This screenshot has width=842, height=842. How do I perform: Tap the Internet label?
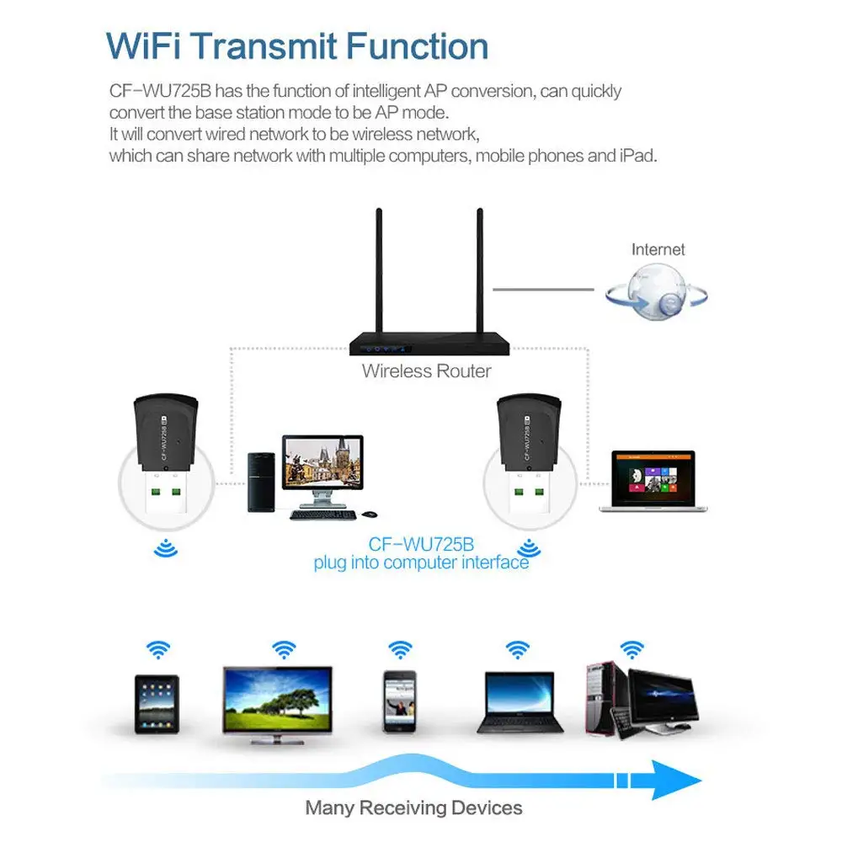658,249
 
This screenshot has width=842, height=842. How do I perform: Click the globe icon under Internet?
656,292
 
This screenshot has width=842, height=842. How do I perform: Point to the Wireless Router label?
426,370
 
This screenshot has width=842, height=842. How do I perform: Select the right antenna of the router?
481,269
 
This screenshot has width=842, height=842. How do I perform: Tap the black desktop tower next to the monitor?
260,482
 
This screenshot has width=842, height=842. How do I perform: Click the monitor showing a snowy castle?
323,463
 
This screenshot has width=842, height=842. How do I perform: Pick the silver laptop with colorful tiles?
653,480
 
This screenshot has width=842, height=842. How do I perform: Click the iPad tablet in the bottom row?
157,703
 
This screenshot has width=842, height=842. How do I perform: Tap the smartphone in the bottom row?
400,701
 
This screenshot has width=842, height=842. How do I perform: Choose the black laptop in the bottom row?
520,701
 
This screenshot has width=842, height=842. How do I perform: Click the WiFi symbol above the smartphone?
400,649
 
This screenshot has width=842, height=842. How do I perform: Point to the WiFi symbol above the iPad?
157,649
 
